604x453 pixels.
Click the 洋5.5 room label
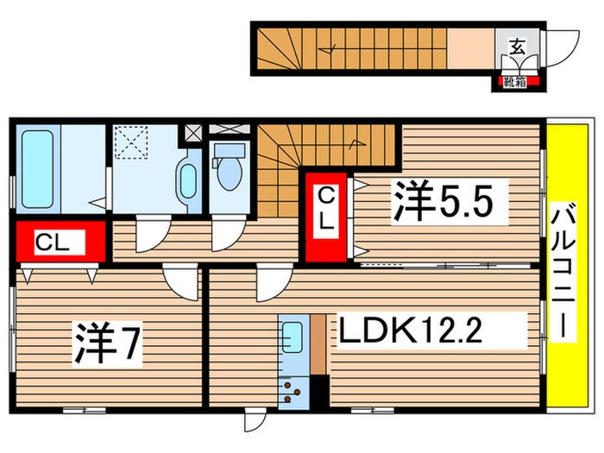pyautogui.click(x=444, y=204)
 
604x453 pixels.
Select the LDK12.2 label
pyautogui.click(x=428, y=330)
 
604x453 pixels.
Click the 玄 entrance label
pyautogui.click(x=516, y=47)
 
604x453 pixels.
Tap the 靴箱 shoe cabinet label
pyautogui.click(x=515, y=83)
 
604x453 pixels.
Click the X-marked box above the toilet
pyautogui.click(x=229, y=131)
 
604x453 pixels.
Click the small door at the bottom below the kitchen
pyautogui.click(x=254, y=422)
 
